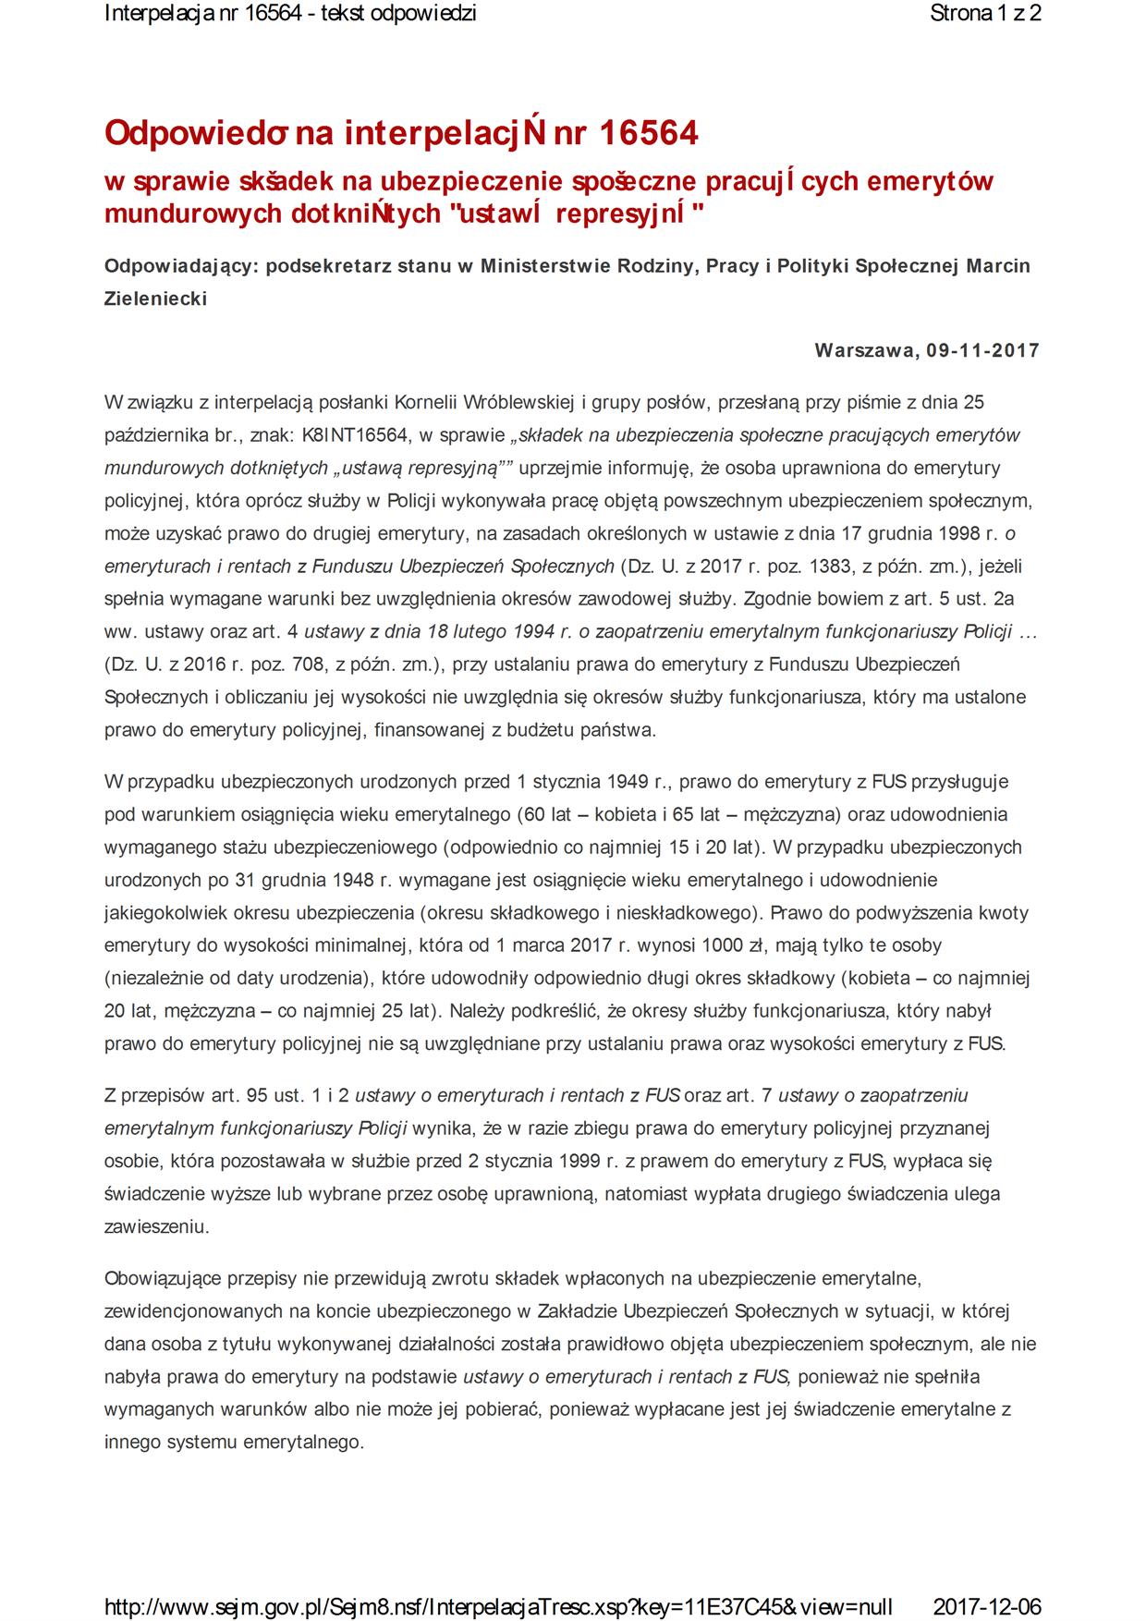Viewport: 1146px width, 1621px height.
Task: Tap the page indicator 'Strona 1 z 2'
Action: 985,14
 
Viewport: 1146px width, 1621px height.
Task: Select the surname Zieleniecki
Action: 155,299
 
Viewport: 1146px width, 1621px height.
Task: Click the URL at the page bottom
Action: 498,1604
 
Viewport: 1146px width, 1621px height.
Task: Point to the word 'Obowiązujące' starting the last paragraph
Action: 158,1279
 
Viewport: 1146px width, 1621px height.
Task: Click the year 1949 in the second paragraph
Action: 628,782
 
